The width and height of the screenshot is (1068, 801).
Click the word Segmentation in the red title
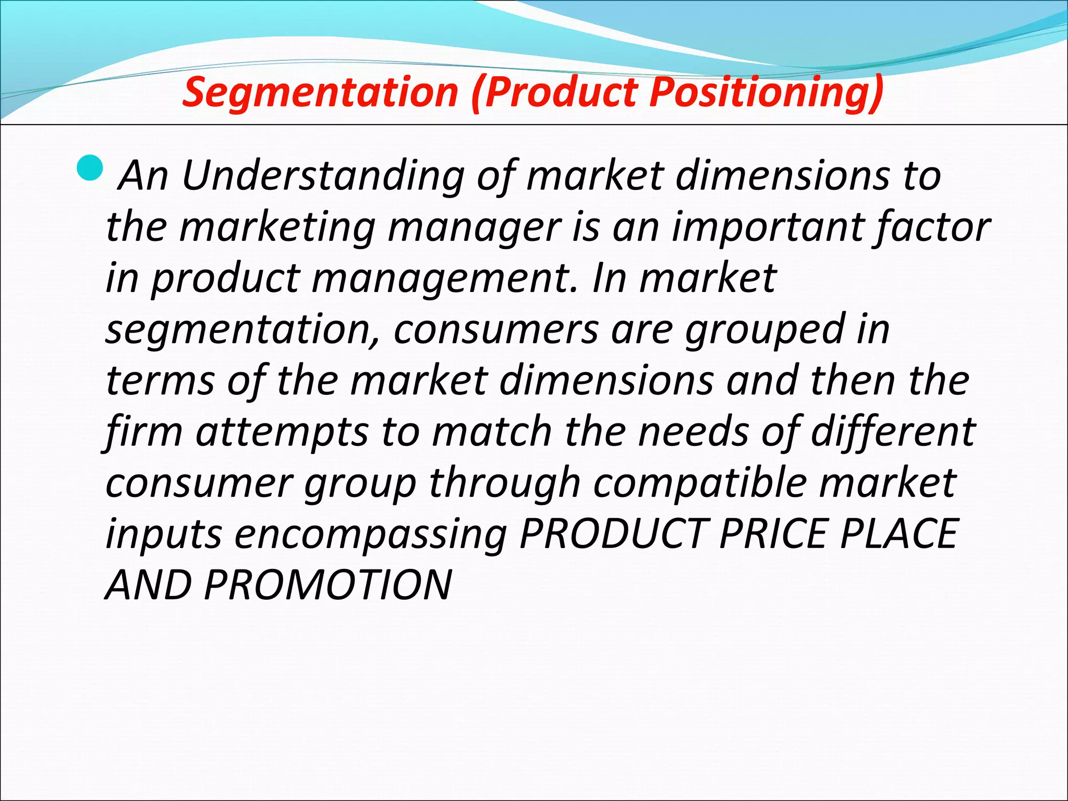click(320, 92)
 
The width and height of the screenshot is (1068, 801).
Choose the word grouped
click(763, 330)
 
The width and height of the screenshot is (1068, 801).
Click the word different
click(893, 432)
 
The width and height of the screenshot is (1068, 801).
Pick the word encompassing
click(371, 535)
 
